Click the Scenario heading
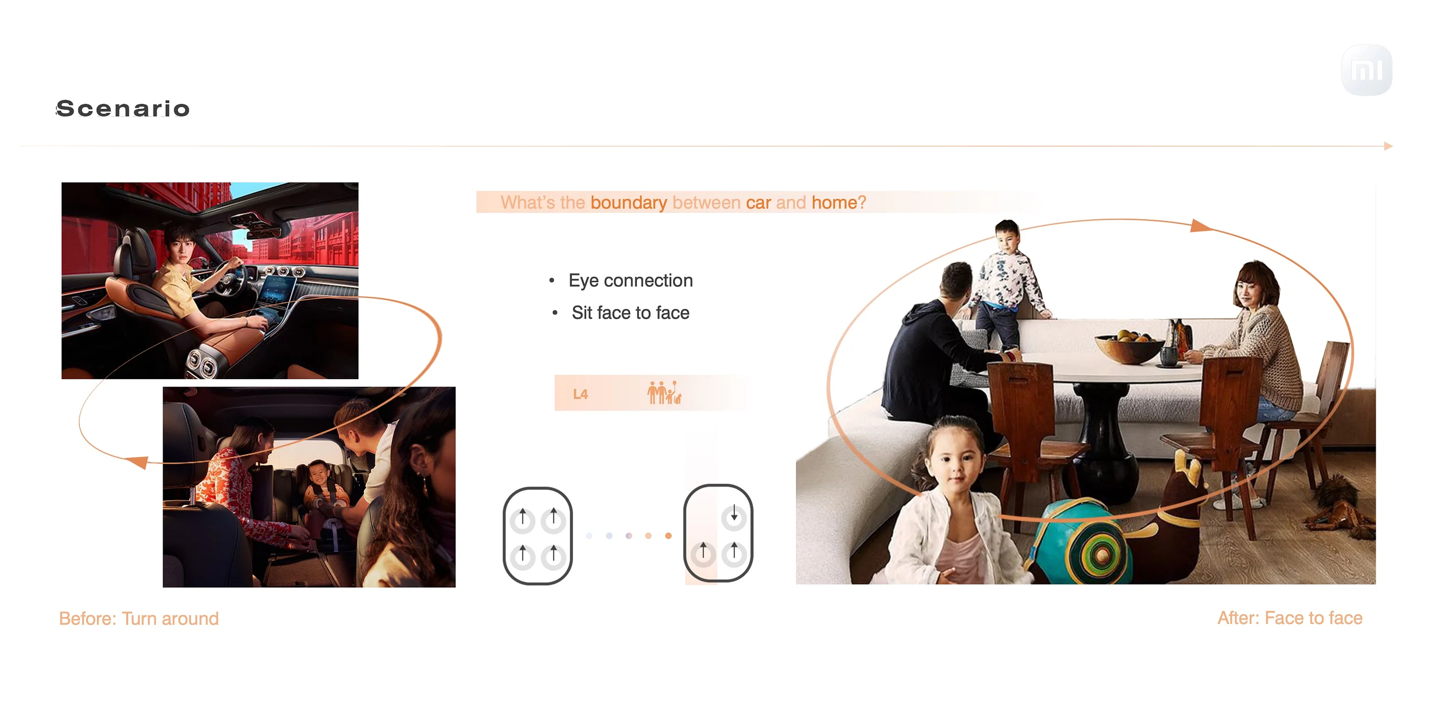[123, 108]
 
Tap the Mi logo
[1366, 70]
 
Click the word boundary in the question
[629, 202]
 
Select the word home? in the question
[839, 202]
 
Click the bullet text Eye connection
[630, 281]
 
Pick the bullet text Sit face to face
[630, 313]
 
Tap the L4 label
[581, 394]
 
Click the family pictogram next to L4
[664, 393]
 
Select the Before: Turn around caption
[139, 618]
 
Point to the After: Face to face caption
[1289, 618]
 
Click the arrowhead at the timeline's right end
[1388, 146]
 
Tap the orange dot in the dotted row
[668, 536]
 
